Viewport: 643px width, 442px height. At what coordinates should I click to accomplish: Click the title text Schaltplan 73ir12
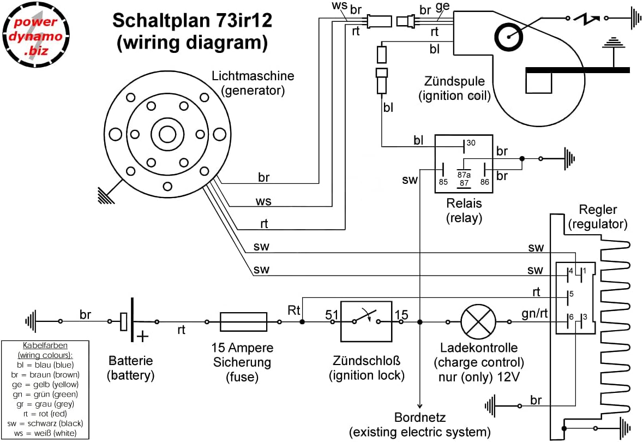[192, 21]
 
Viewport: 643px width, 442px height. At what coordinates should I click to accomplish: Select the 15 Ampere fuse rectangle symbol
[243, 321]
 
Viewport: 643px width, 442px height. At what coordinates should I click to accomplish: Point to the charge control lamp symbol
[478, 321]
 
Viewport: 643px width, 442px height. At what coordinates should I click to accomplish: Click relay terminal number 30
[471, 143]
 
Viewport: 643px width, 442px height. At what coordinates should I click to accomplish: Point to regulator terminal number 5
[570, 294]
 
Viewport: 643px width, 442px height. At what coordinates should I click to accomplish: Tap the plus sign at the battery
[143, 336]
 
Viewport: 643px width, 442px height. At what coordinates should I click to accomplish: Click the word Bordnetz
[420, 419]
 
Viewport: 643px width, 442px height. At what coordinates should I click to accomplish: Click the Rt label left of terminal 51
[295, 309]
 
